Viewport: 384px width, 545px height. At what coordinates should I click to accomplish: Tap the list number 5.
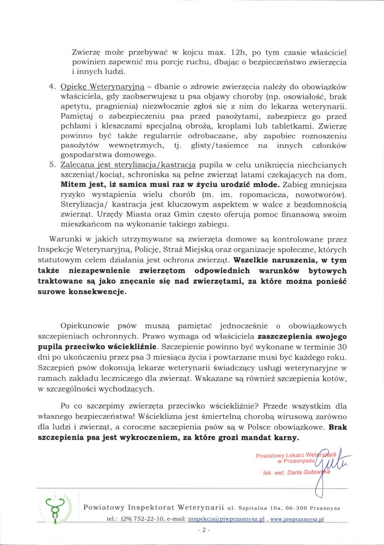click(x=53, y=164)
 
